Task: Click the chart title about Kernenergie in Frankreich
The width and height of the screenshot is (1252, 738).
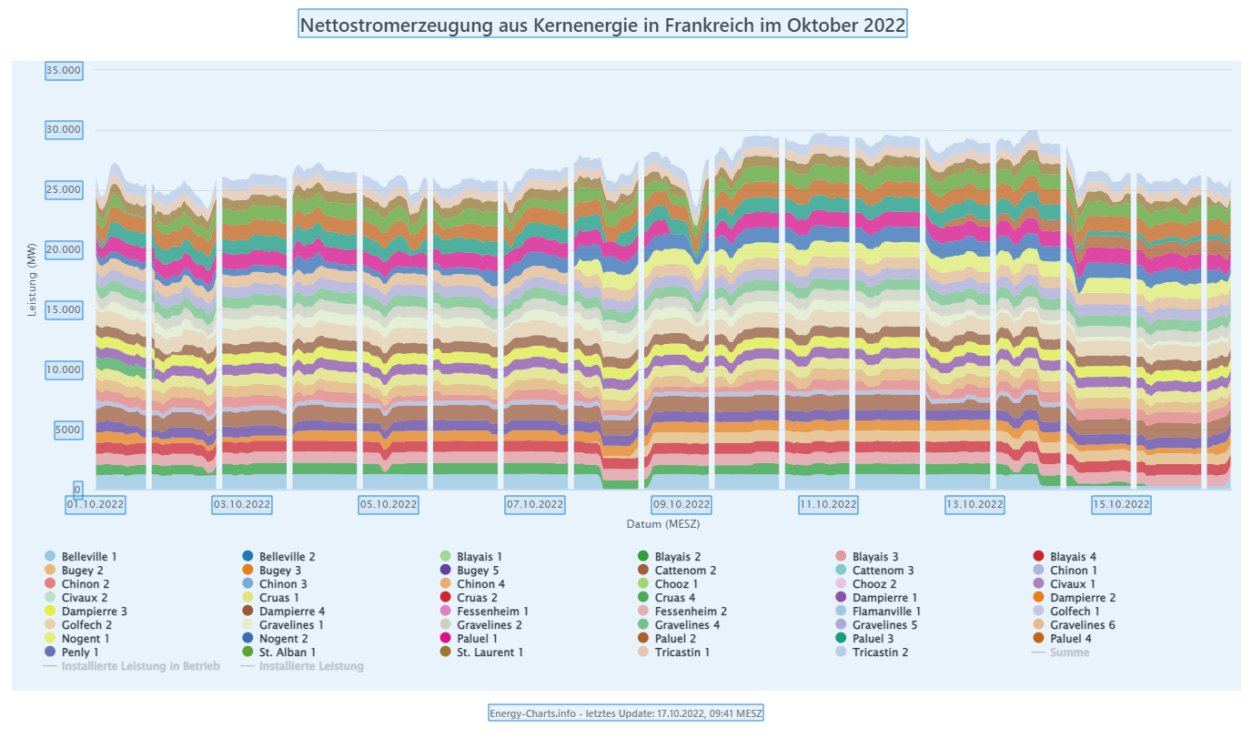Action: point(602,24)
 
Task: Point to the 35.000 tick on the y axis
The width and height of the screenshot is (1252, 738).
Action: point(64,70)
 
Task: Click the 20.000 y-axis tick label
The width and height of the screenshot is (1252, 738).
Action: point(64,249)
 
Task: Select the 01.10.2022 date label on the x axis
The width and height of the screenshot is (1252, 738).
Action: point(96,504)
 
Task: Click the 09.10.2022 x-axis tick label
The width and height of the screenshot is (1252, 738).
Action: point(682,504)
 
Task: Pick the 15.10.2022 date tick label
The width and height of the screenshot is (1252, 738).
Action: point(1121,504)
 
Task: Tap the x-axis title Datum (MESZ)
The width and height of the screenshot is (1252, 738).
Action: point(662,525)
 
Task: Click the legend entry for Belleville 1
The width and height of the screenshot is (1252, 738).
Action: point(88,556)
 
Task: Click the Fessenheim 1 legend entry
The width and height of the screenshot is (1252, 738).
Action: point(492,612)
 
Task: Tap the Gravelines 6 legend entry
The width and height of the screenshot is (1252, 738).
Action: point(1082,625)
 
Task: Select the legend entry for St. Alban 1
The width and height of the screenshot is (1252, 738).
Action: point(287,652)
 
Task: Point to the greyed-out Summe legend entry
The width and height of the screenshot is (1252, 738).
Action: point(1069,652)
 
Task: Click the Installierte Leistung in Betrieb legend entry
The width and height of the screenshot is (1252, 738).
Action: point(140,666)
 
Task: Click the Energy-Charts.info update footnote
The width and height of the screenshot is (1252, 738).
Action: point(626,713)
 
